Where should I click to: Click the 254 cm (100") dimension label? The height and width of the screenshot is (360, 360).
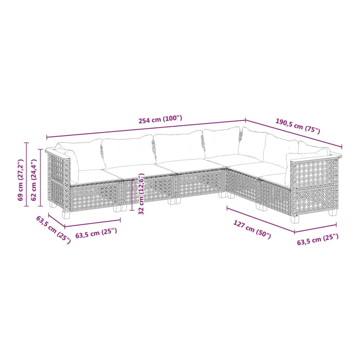pos(160,119)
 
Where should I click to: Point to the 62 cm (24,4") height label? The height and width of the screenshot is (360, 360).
pos(34,180)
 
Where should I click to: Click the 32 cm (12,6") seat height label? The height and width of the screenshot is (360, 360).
pos(141,194)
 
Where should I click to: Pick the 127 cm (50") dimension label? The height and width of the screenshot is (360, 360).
pos(252,229)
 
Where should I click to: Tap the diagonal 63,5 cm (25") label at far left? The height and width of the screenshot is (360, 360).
pos(53,230)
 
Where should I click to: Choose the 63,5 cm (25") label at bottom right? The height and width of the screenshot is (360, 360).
pos(318,240)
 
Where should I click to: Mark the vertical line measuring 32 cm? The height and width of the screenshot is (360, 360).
pos(132,195)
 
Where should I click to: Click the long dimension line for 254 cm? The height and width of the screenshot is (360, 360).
pos(146,129)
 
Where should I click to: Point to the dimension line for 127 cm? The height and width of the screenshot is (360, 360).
pos(261,220)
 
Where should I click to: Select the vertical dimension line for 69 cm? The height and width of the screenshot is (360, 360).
pos(27,174)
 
